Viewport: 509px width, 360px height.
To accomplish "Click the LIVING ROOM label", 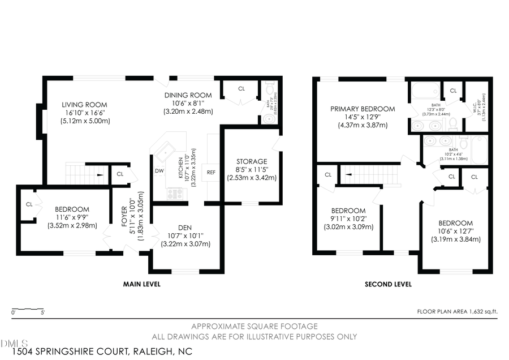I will [x=84, y=105].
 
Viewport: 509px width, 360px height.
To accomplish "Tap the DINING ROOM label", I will [x=188, y=95].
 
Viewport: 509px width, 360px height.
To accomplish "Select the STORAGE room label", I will [x=252, y=161].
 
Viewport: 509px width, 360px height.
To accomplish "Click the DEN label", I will [x=186, y=228].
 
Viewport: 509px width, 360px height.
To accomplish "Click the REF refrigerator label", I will [x=212, y=172].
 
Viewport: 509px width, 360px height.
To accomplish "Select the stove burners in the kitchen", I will [x=176, y=194].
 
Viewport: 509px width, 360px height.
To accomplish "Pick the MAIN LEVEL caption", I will [x=142, y=284].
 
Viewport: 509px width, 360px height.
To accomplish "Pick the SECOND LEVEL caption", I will [x=388, y=284].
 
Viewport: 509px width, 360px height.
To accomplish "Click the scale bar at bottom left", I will [x=28, y=309].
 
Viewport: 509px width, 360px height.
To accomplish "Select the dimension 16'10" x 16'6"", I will [x=84, y=113].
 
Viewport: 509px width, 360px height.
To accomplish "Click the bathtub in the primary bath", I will [x=424, y=91].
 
